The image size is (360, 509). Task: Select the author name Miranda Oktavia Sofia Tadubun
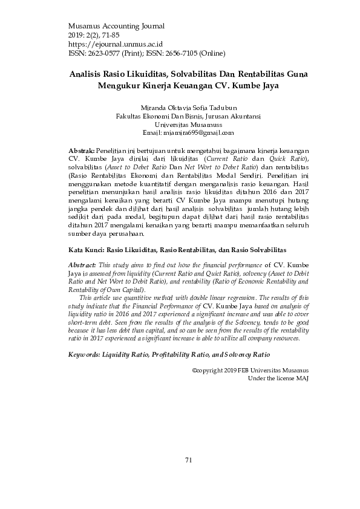coord(188,106)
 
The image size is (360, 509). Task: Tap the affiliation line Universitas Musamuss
coord(188,123)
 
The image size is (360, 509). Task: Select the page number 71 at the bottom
coord(188,460)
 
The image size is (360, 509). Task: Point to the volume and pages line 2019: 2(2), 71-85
coord(96,35)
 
